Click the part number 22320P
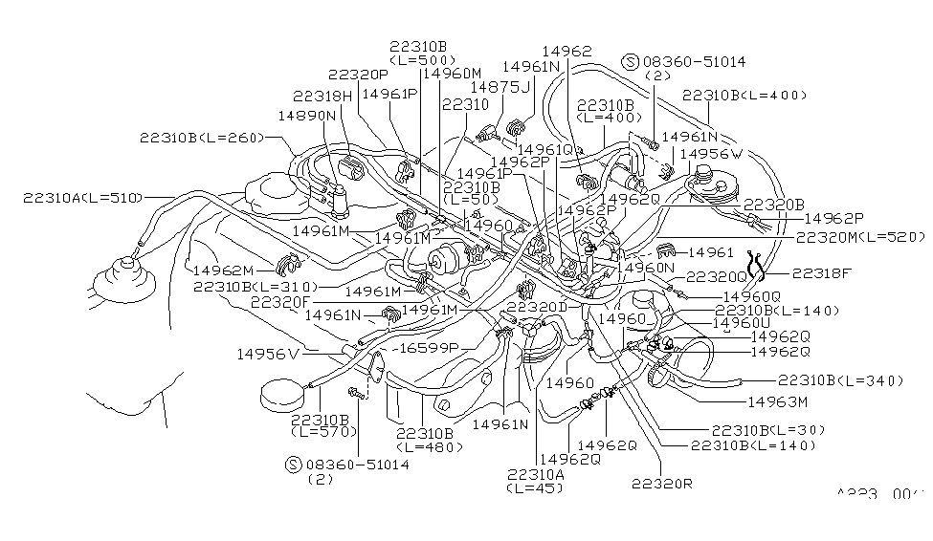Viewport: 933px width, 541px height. pos(357,74)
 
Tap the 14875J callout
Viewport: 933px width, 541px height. pos(500,86)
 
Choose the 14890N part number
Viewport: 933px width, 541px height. pos(307,115)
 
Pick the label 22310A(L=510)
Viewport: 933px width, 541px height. pos(84,198)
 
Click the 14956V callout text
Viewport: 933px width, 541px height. pos(269,354)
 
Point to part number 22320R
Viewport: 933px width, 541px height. pos(660,483)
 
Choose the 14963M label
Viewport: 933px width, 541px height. pos(778,401)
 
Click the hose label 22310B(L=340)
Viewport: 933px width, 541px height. pos(840,380)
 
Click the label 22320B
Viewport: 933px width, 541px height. pos(772,205)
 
